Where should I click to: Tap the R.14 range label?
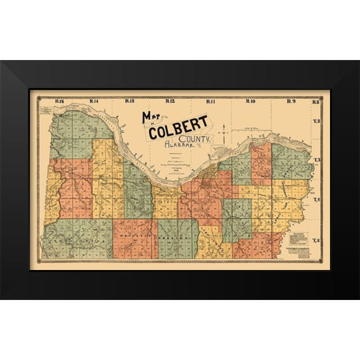coord(94,100)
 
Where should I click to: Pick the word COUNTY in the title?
coord(199,139)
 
